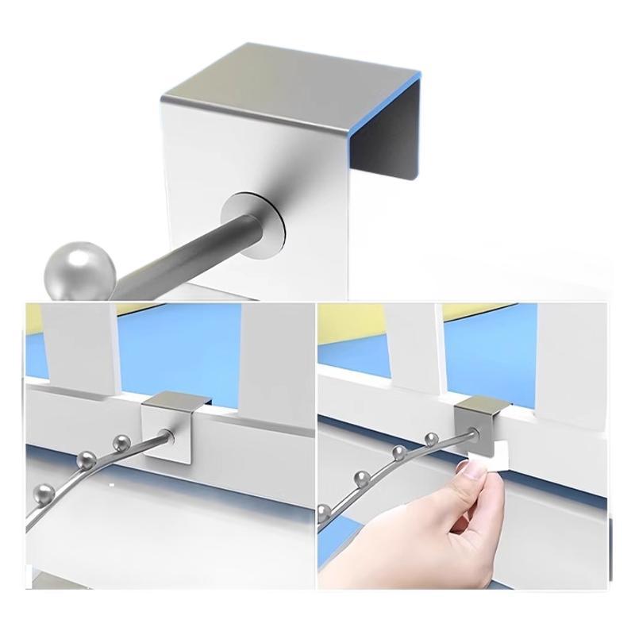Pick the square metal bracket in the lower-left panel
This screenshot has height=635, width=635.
(x=168, y=429)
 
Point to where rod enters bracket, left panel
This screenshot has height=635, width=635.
(x=165, y=435)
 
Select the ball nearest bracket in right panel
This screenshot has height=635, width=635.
(x=431, y=438)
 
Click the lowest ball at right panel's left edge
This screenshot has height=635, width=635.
(x=325, y=510)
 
